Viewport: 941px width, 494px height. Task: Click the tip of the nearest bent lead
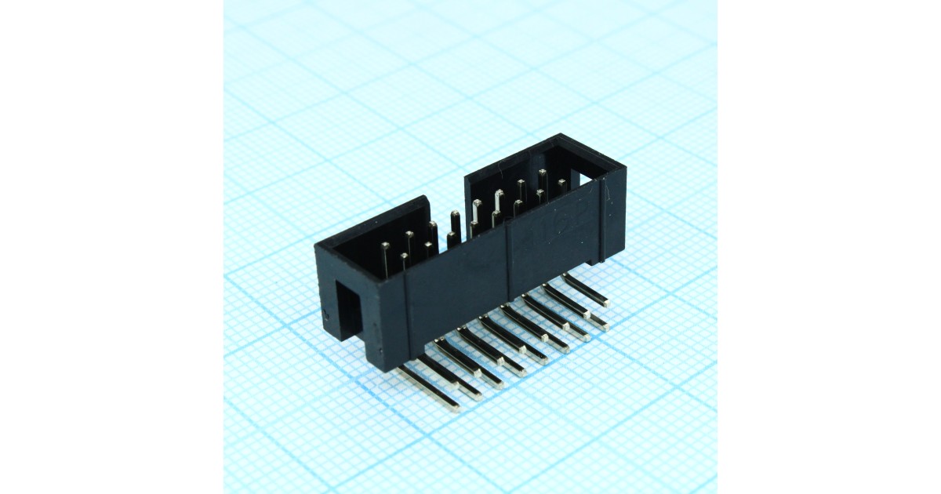click(x=454, y=406)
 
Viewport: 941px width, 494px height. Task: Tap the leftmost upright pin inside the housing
click(x=386, y=258)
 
